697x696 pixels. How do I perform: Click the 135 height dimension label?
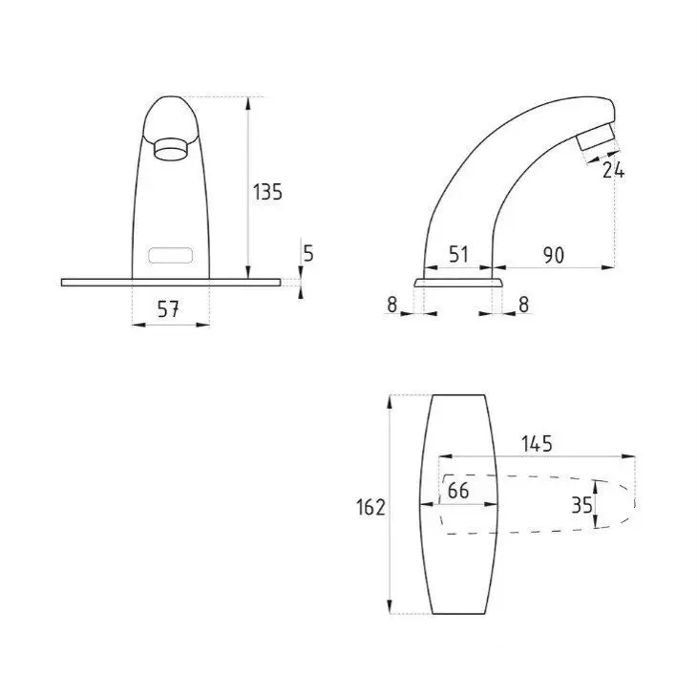[x=267, y=192]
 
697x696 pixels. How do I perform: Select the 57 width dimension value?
[x=168, y=309]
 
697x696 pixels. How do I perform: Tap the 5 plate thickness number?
[x=308, y=253]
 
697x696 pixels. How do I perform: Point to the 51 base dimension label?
[x=458, y=255]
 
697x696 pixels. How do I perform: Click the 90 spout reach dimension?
[x=554, y=255]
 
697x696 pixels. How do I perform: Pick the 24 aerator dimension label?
[x=613, y=170]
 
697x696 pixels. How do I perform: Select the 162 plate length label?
[x=370, y=507]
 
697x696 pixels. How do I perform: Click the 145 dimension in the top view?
[x=537, y=444]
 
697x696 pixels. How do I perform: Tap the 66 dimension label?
[x=458, y=490]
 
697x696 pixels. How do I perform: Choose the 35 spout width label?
[x=581, y=505]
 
